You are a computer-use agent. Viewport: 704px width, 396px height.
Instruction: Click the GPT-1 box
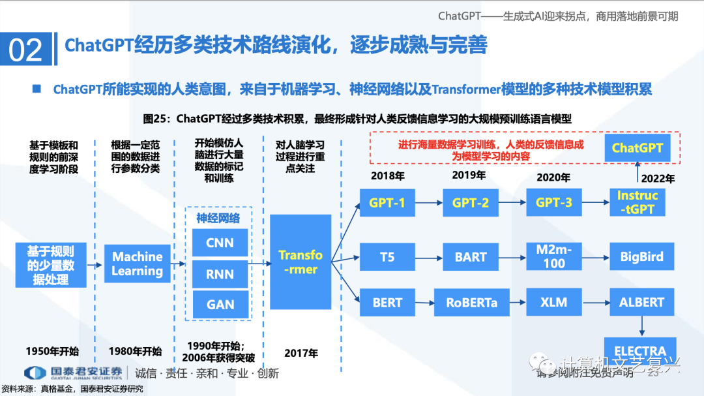point(387,203)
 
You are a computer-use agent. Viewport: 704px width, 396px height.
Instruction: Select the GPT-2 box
point(471,203)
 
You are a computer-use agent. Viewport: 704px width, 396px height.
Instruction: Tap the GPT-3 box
point(554,203)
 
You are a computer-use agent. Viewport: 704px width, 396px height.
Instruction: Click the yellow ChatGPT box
point(637,148)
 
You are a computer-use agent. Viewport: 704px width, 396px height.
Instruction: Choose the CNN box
point(220,243)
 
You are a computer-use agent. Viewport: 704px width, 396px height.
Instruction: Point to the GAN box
point(220,305)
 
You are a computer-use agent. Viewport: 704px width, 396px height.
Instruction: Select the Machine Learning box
point(137,264)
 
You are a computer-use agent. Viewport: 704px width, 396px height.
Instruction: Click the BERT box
point(387,303)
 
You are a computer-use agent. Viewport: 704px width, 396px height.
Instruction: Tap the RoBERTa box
point(471,303)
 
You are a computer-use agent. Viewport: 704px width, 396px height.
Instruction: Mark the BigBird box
point(641,256)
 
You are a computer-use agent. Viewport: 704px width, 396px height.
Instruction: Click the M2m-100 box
point(554,256)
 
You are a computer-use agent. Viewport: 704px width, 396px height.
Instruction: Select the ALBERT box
point(641,303)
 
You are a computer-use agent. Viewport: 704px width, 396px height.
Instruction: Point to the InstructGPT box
point(638,203)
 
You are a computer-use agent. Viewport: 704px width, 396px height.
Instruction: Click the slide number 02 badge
point(26,50)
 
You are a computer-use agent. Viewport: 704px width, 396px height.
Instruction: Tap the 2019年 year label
point(469,175)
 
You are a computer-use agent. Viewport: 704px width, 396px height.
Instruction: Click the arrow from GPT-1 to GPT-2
point(428,203)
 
